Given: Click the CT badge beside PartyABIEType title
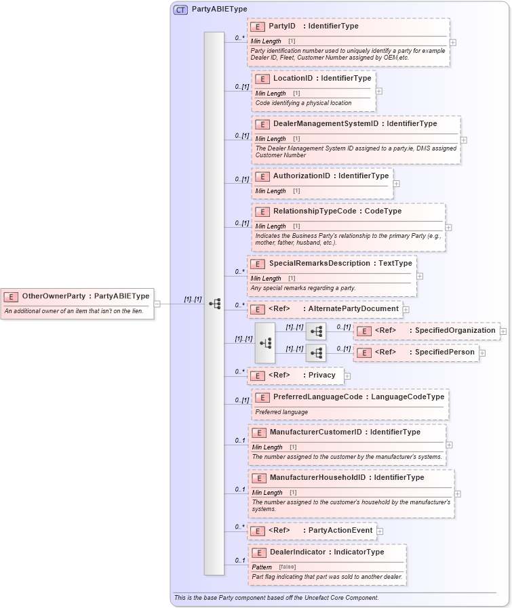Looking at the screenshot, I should click(x=180, y=9).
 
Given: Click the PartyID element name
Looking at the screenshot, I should click(x=282, y=26).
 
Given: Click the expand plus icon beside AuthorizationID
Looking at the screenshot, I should click(x=397, y=183).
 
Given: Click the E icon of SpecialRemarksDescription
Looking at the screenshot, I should click(x=257, y=264).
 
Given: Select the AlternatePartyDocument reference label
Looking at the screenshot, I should click(x=353, y=309).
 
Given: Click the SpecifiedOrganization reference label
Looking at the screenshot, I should click(x=455, y=331).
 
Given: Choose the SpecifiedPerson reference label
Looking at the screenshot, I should click(x=444, y=352).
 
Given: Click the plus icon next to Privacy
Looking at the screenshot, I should click(x=347, y=376).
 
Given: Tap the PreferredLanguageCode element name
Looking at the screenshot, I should click(x=317, y=397).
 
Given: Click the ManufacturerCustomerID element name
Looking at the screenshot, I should click(x=315, y=432).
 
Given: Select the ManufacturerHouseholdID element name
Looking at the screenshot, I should click(x=317, y=478).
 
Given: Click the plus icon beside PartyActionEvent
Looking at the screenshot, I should click(x=380, y=531).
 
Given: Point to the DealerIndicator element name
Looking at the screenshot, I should click(x=298, y=552).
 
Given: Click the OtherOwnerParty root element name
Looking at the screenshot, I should click(x=54, y=296).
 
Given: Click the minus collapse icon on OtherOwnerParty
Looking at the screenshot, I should click(x=157, y=304).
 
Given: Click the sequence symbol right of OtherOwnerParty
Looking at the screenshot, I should click(x=214, y=304).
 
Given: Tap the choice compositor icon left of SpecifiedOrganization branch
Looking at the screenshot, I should click(x=265, y=343).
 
